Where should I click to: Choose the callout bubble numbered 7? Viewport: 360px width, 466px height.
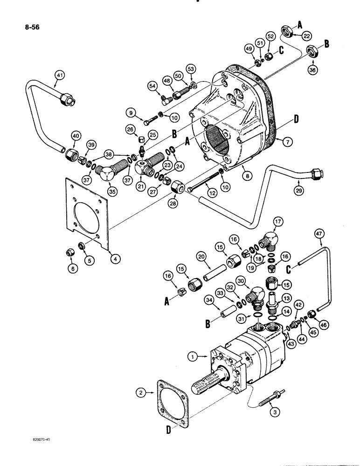pos(289,141)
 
